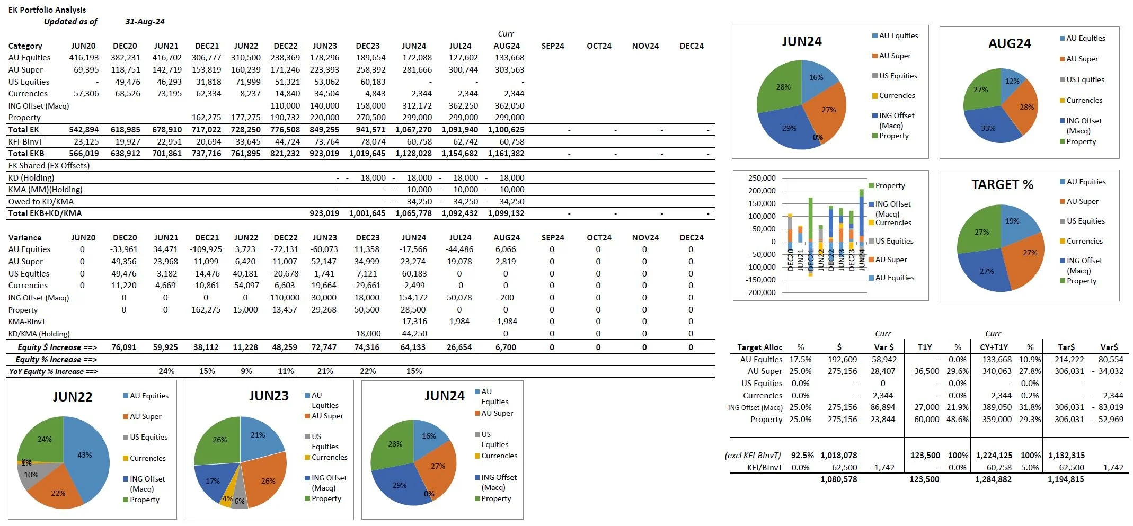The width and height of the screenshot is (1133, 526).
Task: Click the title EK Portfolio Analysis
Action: pyautogui.click(x=47, y=10)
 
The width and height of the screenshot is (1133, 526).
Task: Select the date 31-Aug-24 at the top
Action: pyautogui.click(x=145, y=22)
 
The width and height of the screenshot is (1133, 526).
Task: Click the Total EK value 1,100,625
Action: pyautogui.click(x=506, y=130)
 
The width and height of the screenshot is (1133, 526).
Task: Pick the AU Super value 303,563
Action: pyautogui.click(x=509, y=70)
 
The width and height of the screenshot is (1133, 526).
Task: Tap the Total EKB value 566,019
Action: pyautogui.click(x=84, y=154)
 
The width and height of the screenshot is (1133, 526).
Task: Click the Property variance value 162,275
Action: pyautogui.click(x=206, y=310)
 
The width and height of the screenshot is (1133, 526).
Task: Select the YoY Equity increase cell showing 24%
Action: pyautogui.click(x=166, y=371)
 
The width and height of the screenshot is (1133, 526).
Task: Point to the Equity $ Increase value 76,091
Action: pyautogui.click(x=123, y=347)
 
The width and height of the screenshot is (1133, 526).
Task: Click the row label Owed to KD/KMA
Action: pyautogui.click(x=41, y=202)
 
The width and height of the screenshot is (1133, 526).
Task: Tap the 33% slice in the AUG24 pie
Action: pyautogui.click(x=988, y=128)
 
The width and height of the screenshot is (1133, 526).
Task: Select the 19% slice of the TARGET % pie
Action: pyautogui.click(x=1012, y=221)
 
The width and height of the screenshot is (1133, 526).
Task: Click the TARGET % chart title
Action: pyautogui.click(x=1002, y=185)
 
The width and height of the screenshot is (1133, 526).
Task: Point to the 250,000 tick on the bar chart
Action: pyautogui.click(x=762, y=178)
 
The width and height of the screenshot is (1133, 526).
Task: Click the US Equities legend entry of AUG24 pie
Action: pyautogui.click(x=1085, y=80)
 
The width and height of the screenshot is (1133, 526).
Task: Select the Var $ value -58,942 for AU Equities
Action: pyautogui.click(x=882, y=360)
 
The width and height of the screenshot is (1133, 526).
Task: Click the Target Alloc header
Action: pyautogui.click(x=759, y=347)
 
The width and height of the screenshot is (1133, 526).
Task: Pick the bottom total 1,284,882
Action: pyautogui.click(x=993, y=479)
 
